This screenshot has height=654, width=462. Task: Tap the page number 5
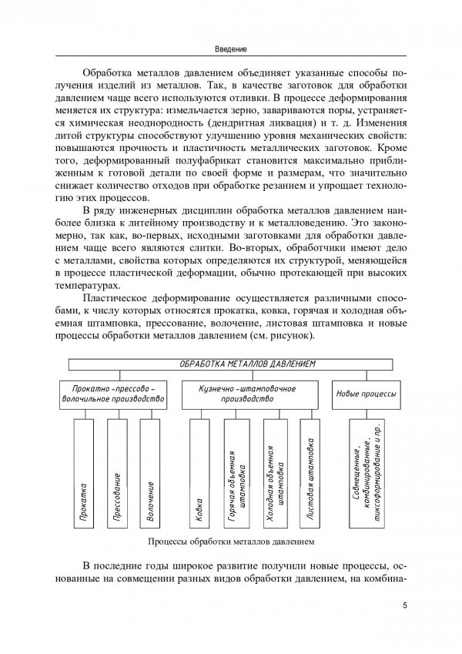pyautogui.click(x=404, y=605)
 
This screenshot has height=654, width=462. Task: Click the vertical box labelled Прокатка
pyautogui.click(x=82, y=485)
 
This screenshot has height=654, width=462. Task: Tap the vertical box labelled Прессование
pyautogui.click(x=117, y=485)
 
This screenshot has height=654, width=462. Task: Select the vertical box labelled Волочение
pyautogui.click(x=151, y=485)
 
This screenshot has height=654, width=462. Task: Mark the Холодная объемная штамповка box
pyautogui.click(x=275, y=485)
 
